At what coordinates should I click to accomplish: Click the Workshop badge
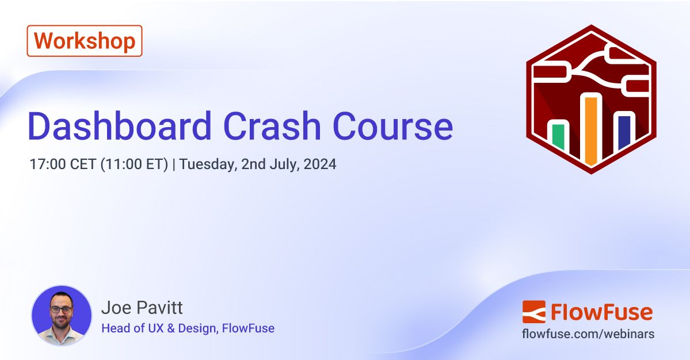[x=85, y=41]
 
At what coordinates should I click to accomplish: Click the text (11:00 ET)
[x=135, y=164]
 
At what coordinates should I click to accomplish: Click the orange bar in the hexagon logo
[x=590, y=129]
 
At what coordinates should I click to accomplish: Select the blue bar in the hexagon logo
[x=623, y=132]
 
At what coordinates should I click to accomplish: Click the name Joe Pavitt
[x=142, y=308]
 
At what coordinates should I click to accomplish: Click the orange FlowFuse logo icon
[x=533, y=312]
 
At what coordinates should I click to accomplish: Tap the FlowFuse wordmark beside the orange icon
[x=601, y=312]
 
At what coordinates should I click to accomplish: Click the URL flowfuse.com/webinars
[x=588, y=334]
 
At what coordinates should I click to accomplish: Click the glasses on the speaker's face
[x=60, y=309]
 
